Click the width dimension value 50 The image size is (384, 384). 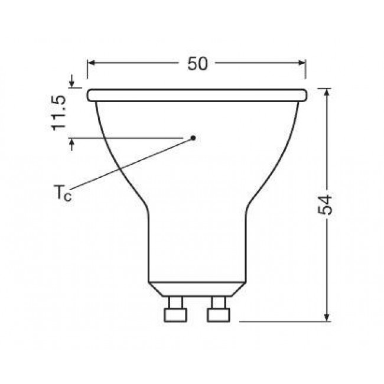198,64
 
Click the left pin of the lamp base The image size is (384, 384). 174,311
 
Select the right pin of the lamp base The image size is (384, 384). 217,311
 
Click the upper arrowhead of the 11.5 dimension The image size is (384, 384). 72,84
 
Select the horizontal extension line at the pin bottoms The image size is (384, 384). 284,322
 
